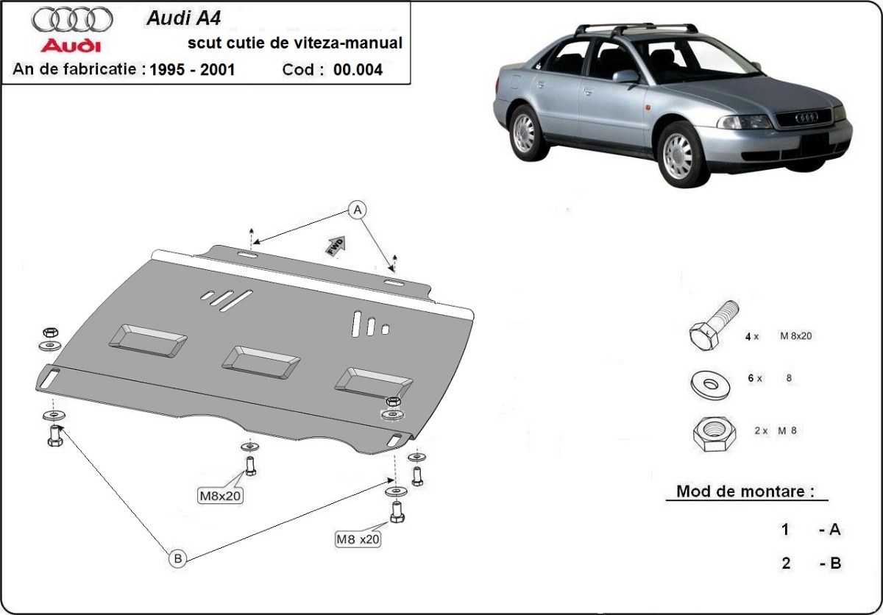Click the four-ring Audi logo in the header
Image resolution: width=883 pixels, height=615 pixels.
click(73, 19)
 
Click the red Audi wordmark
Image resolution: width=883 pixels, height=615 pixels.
click(71, 46)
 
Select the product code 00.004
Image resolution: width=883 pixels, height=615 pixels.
click(358, 71)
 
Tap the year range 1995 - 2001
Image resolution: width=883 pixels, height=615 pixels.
click(192, 71)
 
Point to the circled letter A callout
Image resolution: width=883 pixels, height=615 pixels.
click(358, 210)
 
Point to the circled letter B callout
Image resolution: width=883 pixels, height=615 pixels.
click(177, 560)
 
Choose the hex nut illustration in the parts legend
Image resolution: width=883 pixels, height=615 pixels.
click(713, 433)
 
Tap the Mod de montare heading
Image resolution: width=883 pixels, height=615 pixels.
click(745, 491)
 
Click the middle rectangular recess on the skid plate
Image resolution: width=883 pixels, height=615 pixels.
click(261, 360)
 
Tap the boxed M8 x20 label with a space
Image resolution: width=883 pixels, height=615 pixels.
click(358, 538)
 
